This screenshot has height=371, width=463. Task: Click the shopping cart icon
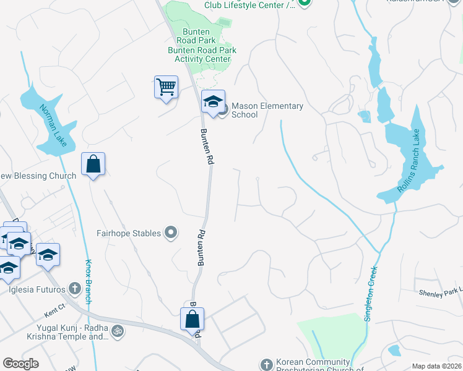pyautogui.click(x=166, y=87)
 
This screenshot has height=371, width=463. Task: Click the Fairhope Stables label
pyautogui.click(x=129, y=233)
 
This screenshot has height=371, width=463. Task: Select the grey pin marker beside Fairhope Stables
pyautogui.click(x=171, y=233)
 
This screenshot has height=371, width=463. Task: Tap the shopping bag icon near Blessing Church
pyautogui.click(x=93, y=164)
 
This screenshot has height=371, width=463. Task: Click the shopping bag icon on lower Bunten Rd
pyautogui.click(x=192, y=320)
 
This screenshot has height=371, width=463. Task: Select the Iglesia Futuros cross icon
pyautogui.click(x=75, y=288)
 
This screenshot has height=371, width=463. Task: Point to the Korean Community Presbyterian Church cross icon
pyautogui.click(x=266, y=364)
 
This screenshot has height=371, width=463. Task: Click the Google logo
pyautogui.click(x=20, y=364)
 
